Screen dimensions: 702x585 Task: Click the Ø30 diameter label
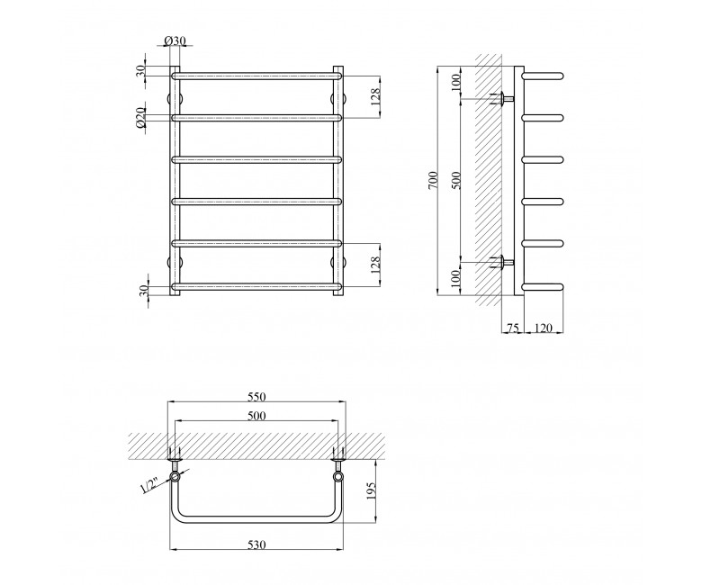(175, 40)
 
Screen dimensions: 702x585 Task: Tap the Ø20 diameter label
(140, 118)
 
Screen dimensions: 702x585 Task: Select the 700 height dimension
(432, 180)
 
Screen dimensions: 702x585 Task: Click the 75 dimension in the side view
(512, 328)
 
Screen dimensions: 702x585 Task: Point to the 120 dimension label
(543, 328)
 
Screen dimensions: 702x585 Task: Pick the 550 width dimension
(256, 397)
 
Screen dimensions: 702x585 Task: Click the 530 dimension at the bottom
(256, 544)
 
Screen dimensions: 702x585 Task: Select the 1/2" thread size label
(149, 485)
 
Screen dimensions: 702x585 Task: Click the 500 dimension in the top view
(256, 416)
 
